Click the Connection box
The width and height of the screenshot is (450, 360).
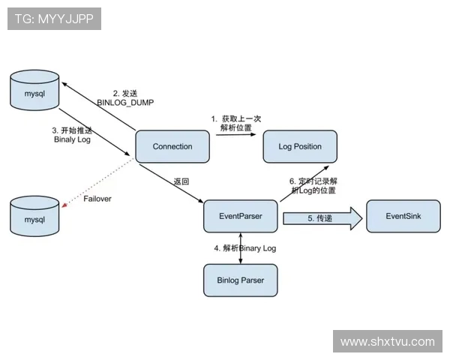[172, 146]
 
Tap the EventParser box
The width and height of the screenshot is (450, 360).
[240, 216]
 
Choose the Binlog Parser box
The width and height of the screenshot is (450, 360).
[240, 280]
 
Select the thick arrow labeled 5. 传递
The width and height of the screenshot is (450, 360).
[322, 218]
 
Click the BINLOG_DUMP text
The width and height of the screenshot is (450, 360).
[125, 103]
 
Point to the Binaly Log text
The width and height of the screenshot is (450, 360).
[72, 139]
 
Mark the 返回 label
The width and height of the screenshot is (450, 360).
[181, 182]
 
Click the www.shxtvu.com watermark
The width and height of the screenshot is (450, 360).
[387, 341]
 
